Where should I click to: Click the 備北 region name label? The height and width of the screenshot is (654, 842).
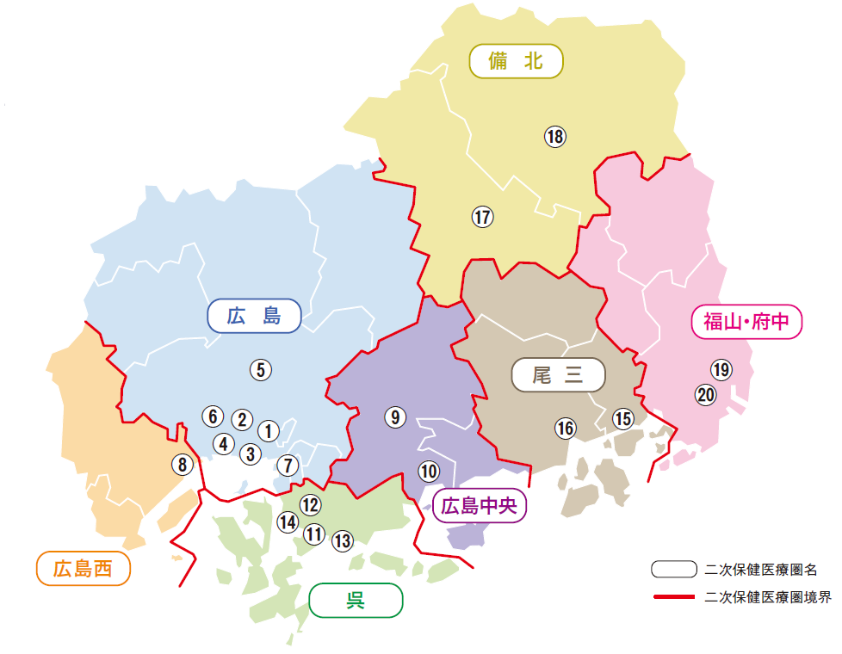pos(516,61)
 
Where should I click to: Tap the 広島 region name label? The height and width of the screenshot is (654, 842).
pos(254,316)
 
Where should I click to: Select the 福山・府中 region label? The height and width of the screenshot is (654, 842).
pos(746,322)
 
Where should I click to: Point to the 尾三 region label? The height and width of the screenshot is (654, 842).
pos(558,375)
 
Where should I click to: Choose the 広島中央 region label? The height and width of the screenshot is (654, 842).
pos(479,505)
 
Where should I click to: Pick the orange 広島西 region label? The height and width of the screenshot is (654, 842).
pos(83,569)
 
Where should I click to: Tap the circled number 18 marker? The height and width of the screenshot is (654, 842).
pos(554,136)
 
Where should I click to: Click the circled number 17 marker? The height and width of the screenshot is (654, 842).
pos(483,217)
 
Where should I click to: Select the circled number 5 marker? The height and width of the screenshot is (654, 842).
pos(261,370)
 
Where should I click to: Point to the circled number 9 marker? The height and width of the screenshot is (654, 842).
pos(395,417)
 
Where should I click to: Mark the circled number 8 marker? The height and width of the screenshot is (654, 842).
pos(183,465)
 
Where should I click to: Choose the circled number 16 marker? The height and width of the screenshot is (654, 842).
pos(565,428)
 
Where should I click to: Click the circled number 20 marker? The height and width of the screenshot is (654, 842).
pos(706,395)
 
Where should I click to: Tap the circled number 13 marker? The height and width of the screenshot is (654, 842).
pos(343,540)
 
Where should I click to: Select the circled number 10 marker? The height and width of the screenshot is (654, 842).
pos(429,471)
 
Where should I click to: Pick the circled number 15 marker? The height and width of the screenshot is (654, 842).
pos(622,418)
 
